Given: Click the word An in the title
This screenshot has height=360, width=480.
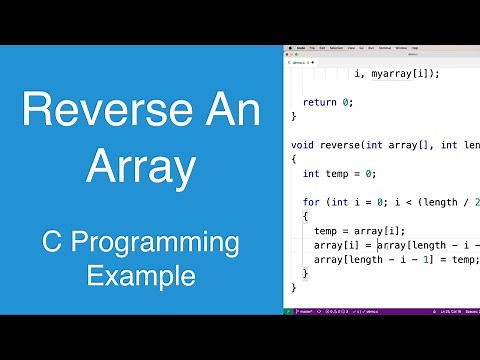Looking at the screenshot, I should click(231, 109).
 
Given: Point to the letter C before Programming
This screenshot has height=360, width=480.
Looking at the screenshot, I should click(55, 244).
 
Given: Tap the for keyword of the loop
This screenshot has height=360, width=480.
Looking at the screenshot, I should click(310, 202).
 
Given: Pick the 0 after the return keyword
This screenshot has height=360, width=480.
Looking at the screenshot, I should click(347, 102).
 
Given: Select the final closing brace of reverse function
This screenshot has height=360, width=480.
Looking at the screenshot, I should click(294, 288).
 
